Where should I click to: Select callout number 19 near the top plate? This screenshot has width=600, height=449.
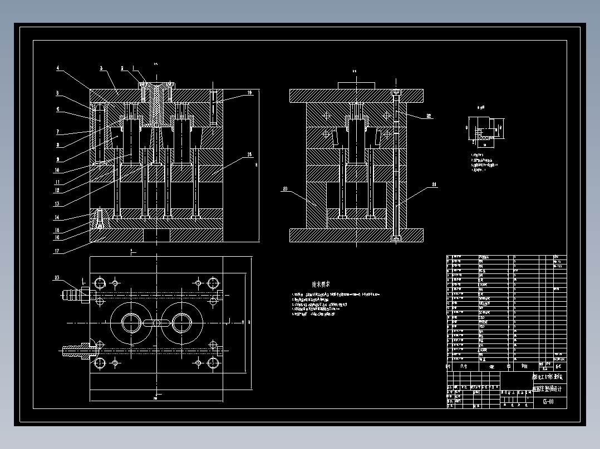pos(249,92)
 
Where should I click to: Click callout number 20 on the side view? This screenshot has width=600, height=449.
pos(285,189)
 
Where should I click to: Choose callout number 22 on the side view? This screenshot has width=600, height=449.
pos(429,116)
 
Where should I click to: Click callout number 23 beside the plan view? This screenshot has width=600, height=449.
pos(57,278)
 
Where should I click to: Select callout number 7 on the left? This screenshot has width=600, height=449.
pos(57,132)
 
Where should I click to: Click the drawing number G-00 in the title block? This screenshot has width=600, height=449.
pos(548,402)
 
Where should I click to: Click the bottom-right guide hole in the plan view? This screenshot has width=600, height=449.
pos(213,363)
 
